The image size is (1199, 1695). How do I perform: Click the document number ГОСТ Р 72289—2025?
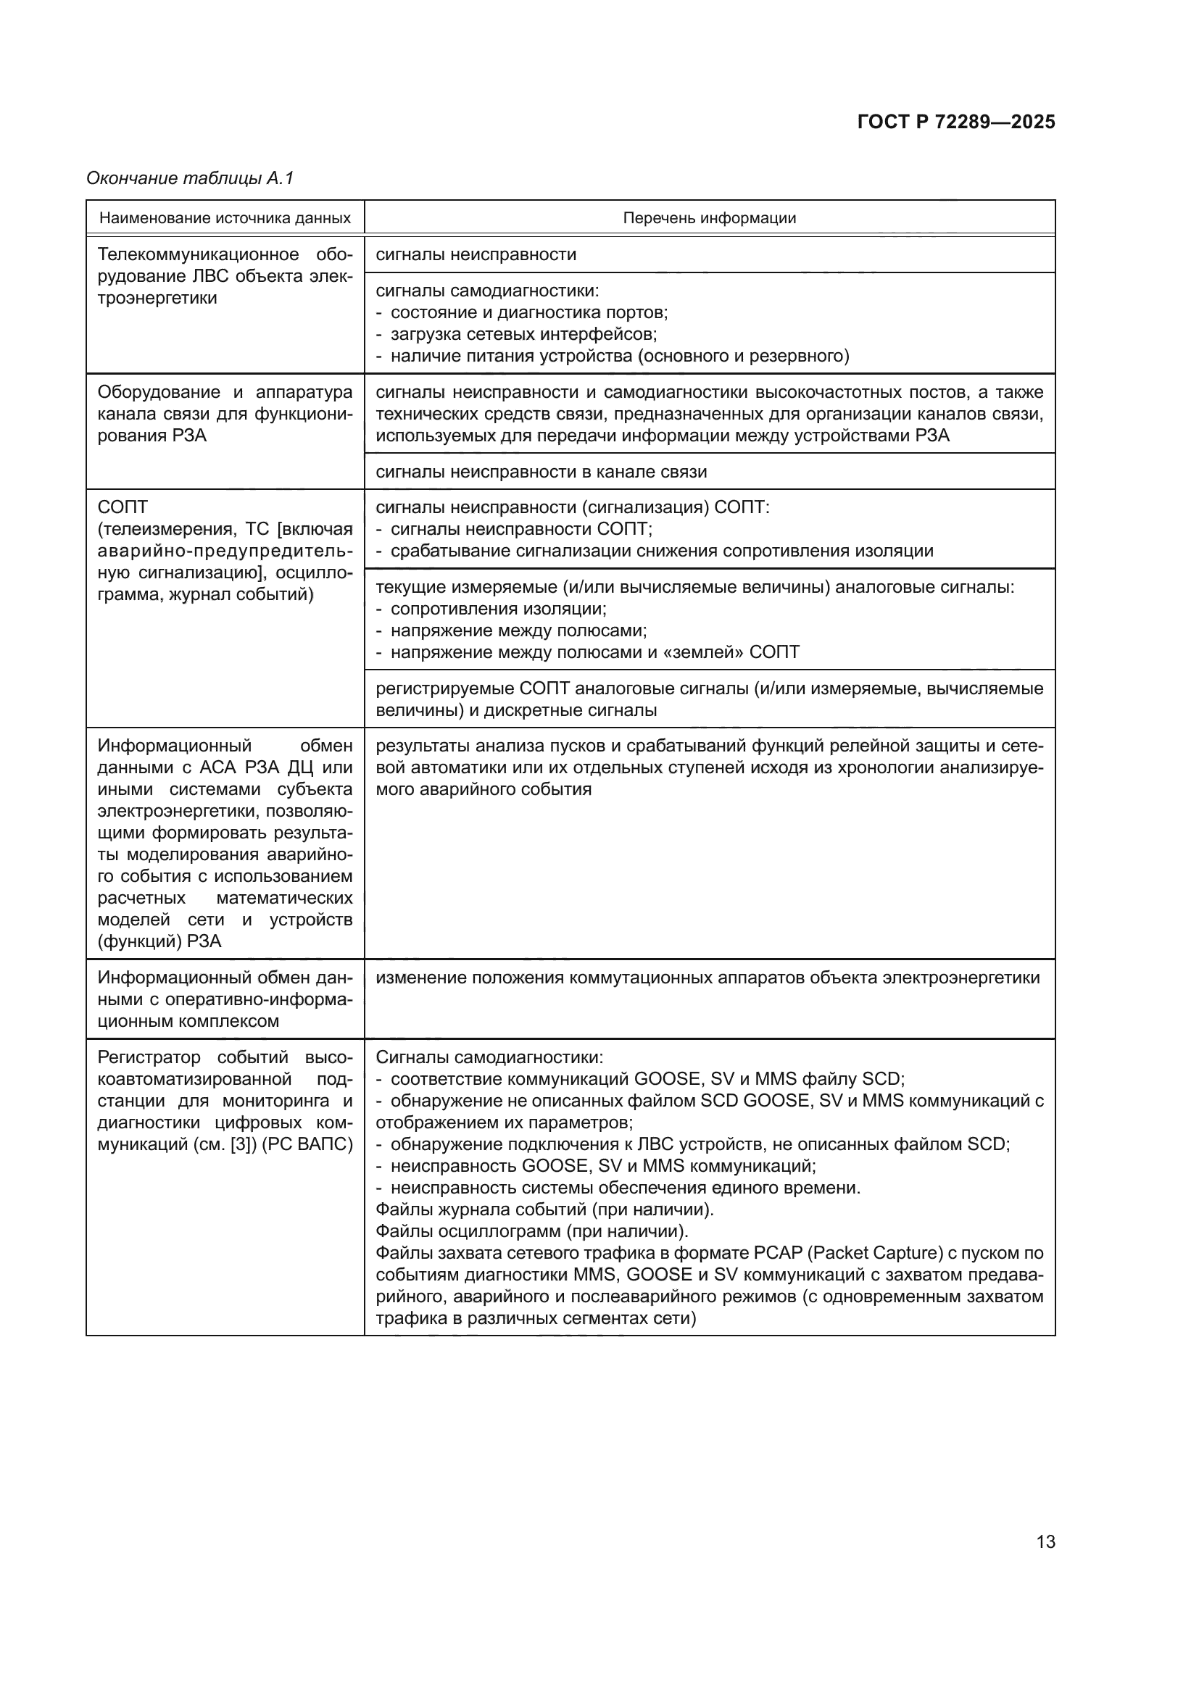point(955,122)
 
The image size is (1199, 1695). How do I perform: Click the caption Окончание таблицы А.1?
point(190,178)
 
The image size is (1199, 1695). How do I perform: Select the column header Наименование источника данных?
point(225,218)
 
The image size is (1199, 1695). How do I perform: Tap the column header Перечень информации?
point(709,218)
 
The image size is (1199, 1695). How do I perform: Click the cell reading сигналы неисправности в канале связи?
point(541,472)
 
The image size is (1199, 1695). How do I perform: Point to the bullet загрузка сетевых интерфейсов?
point(523,333)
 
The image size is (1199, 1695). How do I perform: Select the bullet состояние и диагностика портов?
point(528,312)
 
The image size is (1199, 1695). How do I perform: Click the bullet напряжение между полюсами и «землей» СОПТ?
point(594,652)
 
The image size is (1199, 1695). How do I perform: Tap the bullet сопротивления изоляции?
point(497,609)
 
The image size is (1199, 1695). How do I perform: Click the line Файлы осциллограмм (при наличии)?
point(531,1231)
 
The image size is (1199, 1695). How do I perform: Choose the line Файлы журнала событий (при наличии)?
point(544,1209)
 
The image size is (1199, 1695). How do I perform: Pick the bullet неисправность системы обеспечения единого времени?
point(625,1188)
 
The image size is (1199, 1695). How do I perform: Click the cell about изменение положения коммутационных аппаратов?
point(708,978)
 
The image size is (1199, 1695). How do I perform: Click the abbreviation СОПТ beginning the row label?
point(123,507)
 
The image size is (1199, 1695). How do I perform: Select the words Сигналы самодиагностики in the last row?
point(488,1057)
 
